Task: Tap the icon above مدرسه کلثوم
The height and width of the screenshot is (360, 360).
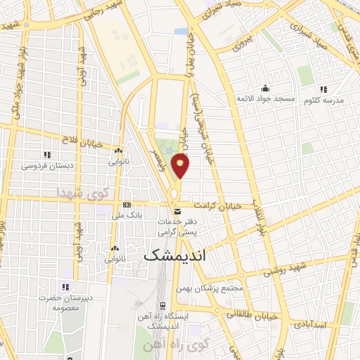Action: [323, 89]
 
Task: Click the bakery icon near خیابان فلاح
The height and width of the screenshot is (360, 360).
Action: [118, 150]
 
